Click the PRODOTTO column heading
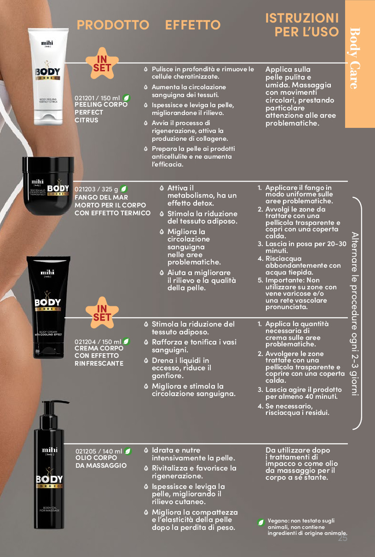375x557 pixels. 113,25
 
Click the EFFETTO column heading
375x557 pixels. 193,25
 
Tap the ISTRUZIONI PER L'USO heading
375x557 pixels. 302,25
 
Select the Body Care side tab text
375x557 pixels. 355,58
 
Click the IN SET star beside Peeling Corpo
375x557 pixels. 102,63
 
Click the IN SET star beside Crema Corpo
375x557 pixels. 102,313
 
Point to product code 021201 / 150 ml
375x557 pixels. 97,98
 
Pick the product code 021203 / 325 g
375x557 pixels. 96,189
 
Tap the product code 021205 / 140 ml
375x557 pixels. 99,451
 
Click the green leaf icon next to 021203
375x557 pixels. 124,189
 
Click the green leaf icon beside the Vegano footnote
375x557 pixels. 261,522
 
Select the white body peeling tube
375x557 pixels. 48,76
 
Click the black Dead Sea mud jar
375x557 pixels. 48,185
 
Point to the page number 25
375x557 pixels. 342,538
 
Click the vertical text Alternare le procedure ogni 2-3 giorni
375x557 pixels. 355,314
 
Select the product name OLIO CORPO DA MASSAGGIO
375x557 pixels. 101,461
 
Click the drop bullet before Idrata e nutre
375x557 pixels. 146,450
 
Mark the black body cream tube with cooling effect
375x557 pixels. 48,307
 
